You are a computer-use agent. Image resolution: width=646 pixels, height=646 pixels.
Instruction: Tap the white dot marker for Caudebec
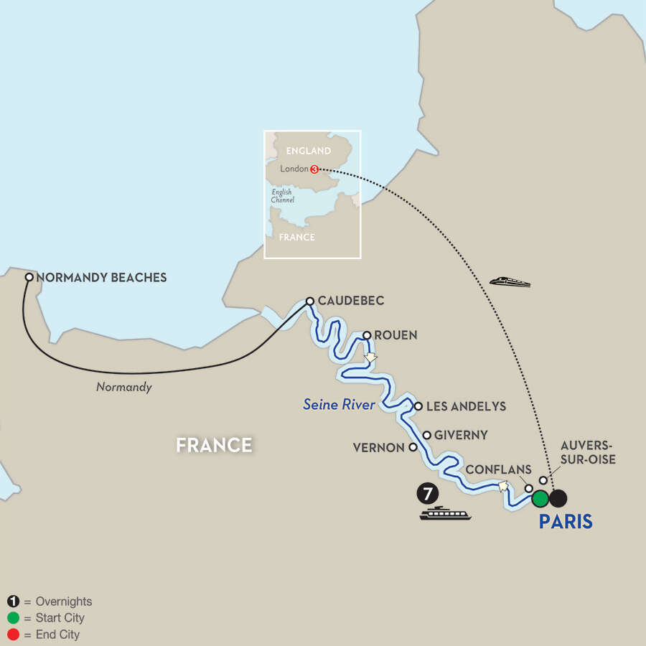[x=310, y=301]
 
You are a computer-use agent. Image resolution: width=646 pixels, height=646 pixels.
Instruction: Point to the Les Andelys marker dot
[x=418, y=406]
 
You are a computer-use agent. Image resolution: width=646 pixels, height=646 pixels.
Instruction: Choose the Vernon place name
[x=378, y=447]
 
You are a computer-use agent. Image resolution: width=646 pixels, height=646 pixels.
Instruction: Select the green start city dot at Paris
[x=540, y=497]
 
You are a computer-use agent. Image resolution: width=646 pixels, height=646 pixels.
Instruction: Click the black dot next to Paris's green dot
[x=558, y=497]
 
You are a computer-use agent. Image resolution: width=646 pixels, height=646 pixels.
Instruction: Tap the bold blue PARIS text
[x=566, y=522]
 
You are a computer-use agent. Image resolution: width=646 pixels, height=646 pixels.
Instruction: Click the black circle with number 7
[x=426, y=495]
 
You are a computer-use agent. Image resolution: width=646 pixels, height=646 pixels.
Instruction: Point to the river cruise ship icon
[x=446, y=514]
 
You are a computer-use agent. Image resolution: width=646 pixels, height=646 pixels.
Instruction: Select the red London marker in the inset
[x=314, y=169]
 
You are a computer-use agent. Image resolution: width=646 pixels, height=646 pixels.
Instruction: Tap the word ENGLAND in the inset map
[x=309, y=151]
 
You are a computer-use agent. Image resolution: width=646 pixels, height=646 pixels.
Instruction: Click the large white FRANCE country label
[x=214, y=445]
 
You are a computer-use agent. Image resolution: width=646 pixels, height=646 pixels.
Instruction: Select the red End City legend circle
[x=14, y=635]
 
